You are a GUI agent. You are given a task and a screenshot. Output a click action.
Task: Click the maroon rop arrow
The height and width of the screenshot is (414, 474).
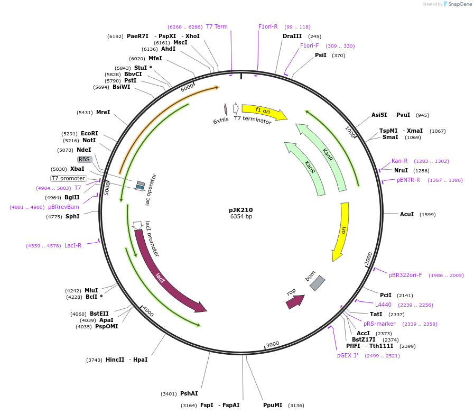[x=295, y=301]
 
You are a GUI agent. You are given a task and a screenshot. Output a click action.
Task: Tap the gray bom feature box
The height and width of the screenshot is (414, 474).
[x=317, y=283]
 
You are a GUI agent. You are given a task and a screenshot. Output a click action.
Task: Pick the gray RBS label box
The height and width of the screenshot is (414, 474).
[x=85, y=159]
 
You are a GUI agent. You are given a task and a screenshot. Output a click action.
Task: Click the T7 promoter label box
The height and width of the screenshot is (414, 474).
[x=69, y=178]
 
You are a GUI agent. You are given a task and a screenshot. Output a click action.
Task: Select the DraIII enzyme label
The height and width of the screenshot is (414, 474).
[x=292, y=36]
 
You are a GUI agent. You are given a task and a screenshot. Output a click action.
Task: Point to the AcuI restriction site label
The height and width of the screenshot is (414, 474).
[x=407, y=215]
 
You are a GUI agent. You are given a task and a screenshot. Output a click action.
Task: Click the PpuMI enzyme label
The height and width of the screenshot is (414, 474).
[x=273, y=406]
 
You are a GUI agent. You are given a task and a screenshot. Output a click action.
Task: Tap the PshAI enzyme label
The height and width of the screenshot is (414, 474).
[x=189, y=393]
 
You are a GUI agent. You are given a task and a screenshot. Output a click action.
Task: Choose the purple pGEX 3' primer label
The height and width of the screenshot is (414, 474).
[x=348, y=355]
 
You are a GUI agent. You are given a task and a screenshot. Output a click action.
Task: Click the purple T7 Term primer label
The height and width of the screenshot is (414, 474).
[x=217, y=26]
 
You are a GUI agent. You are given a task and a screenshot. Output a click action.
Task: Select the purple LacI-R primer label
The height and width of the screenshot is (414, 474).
[x=73, y=245]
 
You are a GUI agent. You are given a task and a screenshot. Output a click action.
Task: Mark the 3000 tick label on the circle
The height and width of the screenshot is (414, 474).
[x=272, y=344]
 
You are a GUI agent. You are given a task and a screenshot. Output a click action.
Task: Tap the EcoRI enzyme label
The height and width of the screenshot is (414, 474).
[x=89, y=134]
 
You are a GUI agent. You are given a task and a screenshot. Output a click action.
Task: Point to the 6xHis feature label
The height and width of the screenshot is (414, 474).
[x=221, y=121]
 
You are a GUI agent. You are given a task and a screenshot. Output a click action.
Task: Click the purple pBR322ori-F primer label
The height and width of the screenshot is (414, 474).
[x=405, y=275]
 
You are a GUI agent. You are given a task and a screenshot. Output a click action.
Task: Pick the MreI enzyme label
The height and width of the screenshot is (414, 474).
[x=103, y=112]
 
